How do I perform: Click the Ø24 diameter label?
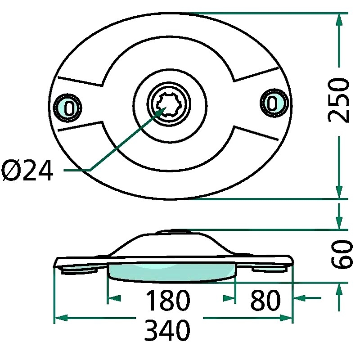(x=27, y=171)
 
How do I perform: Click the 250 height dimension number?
(x=338, y=100)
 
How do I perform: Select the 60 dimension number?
(x=341, y=255)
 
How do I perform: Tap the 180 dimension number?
(x=167, y=301)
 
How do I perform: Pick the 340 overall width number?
(x=167, y=331)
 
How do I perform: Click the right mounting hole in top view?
(x=272, y=103)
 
